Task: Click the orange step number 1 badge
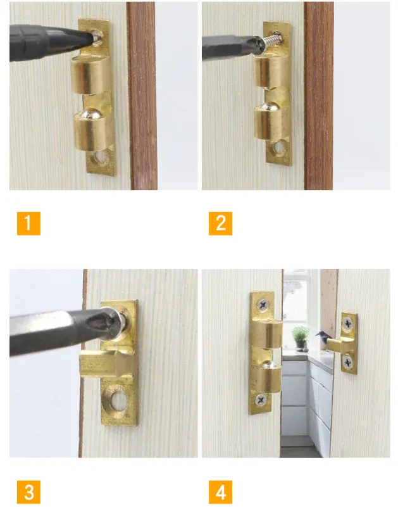(x=28, y=224)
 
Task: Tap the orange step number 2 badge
(x=220, y=224)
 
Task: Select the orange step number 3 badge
(x=28, y=492)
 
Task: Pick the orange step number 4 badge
(x=220, y=492)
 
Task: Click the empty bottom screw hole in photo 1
(x=101, y=158)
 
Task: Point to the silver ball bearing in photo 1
(x=90, y=113)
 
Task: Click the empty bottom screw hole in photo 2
(x=279, y=148)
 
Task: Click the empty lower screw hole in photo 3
(x=118, y=401)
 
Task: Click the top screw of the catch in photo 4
(x=263, y=305)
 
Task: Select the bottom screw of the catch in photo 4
(x=261, y=400)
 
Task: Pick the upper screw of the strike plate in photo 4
(x=347, y=324)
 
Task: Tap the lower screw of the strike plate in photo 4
(x=348, y=362)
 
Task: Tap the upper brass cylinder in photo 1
(x=90, y=74)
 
